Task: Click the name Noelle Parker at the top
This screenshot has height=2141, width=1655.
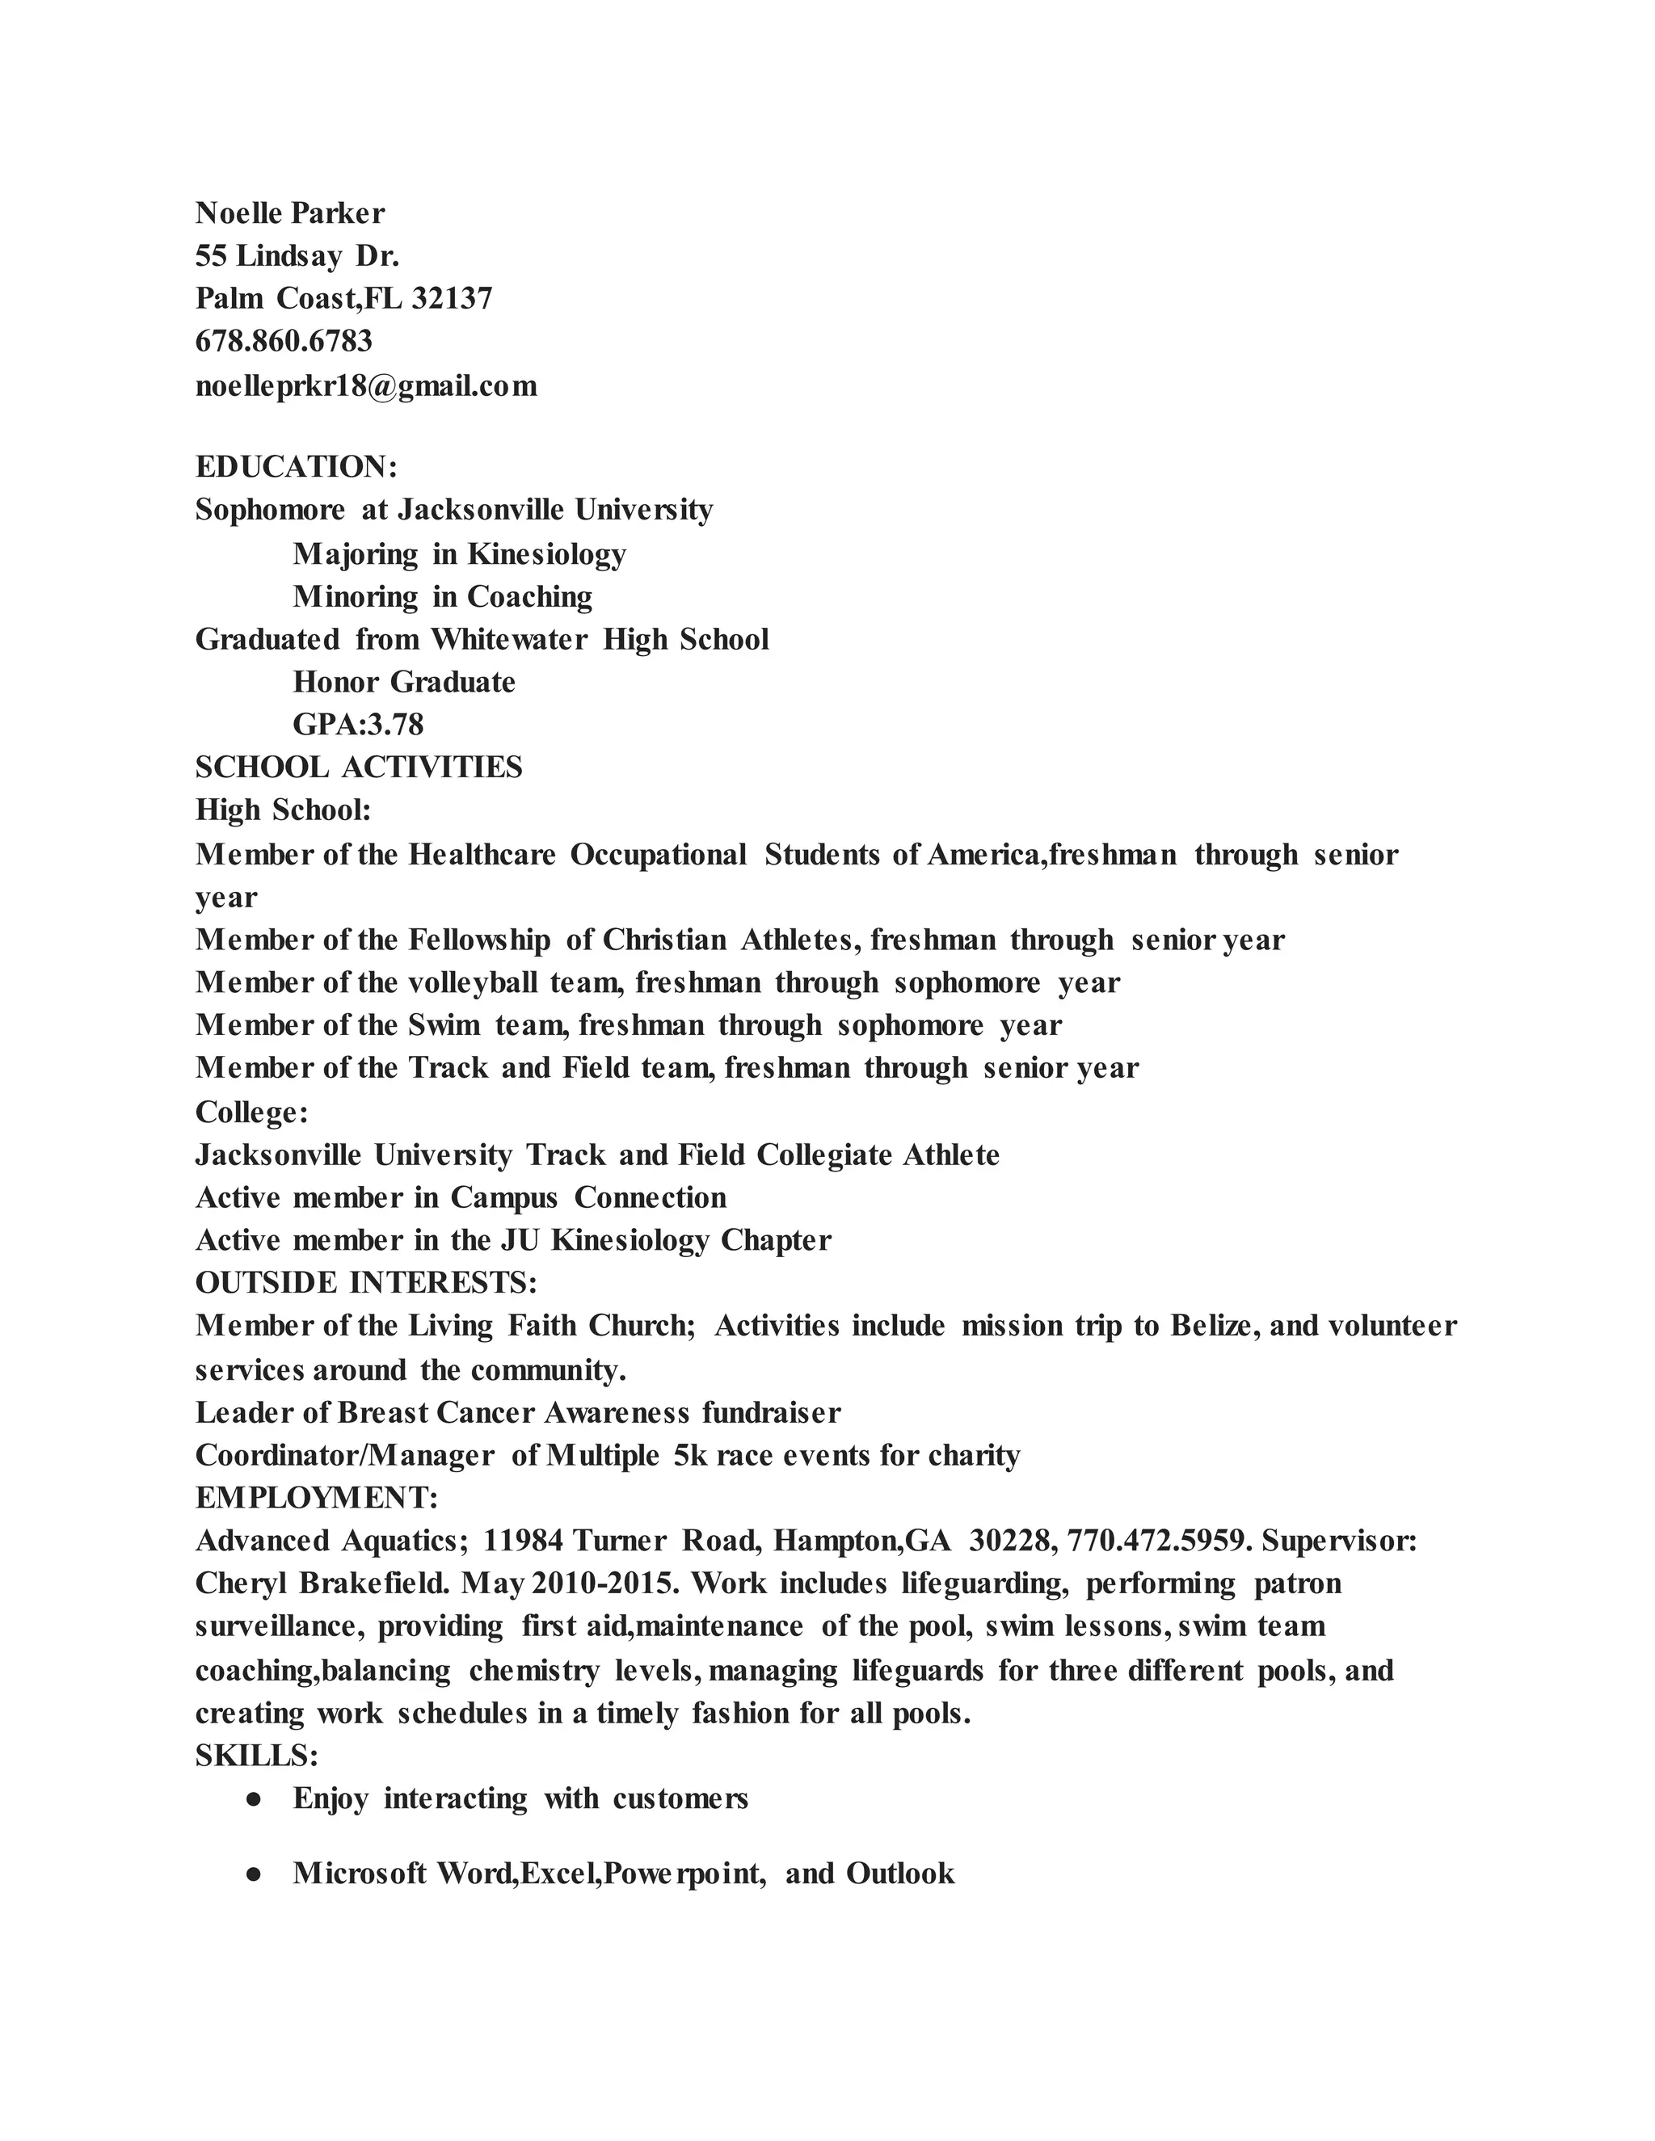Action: coord(290,212)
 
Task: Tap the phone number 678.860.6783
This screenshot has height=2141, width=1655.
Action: coord(284,341)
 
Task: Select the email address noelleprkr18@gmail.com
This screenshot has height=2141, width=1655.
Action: coord(366,385)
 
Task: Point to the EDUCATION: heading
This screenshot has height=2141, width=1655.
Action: coord(296,467)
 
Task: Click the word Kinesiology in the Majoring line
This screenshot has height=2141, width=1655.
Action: coord(546,554)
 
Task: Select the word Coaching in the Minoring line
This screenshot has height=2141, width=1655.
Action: coord(529,596)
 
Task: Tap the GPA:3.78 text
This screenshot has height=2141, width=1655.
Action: coord(358,725)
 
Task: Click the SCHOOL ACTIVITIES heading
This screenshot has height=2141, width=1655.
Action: coord(359,767)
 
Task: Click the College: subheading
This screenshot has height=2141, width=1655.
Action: coord(252,1112)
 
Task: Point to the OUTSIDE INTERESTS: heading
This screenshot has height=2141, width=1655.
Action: coord(366,1282)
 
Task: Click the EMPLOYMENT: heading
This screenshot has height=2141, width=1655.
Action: coord(317,1497)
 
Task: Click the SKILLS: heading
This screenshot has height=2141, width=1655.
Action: coord(257,1756)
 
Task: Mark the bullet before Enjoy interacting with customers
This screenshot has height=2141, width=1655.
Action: coord(253,1800)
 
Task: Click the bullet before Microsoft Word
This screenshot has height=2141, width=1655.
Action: coord(253,1874)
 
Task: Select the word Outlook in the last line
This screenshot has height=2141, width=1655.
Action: coord(900,1874)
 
